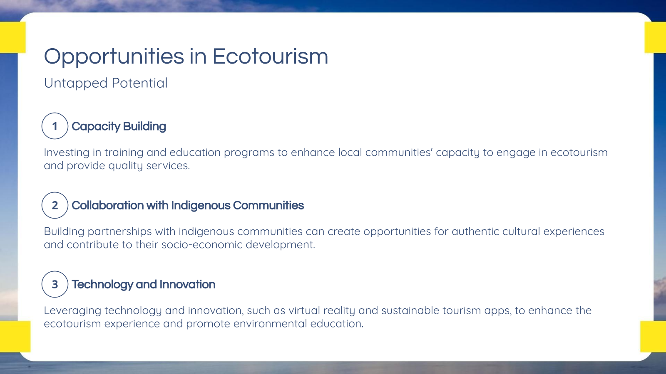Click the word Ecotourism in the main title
[270, 57]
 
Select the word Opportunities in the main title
[114, 57]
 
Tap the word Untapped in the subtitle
[76, 83]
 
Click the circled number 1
[55, 126]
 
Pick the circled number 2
[55, 205]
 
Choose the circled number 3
[55, 284]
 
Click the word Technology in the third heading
[102, 285]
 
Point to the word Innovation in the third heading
[187, 285]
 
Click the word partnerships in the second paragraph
[119, 231]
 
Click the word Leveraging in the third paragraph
[72, 311]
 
